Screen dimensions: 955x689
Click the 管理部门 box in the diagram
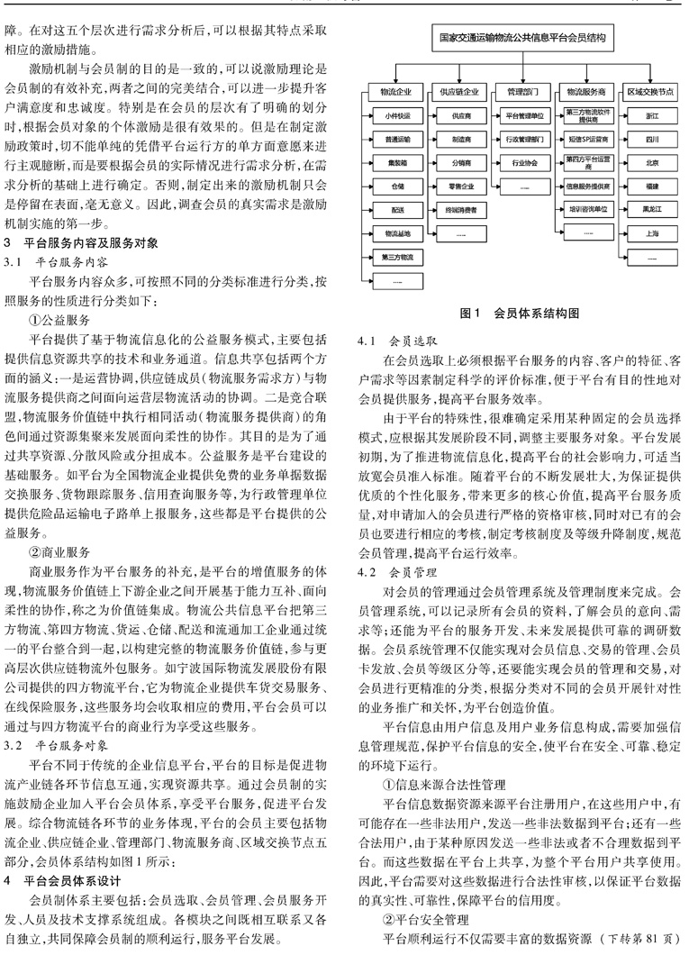(x=521, y=92)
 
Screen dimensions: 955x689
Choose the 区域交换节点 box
(x=651, y=92)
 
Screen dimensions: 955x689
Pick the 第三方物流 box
(x=397, y=257)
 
